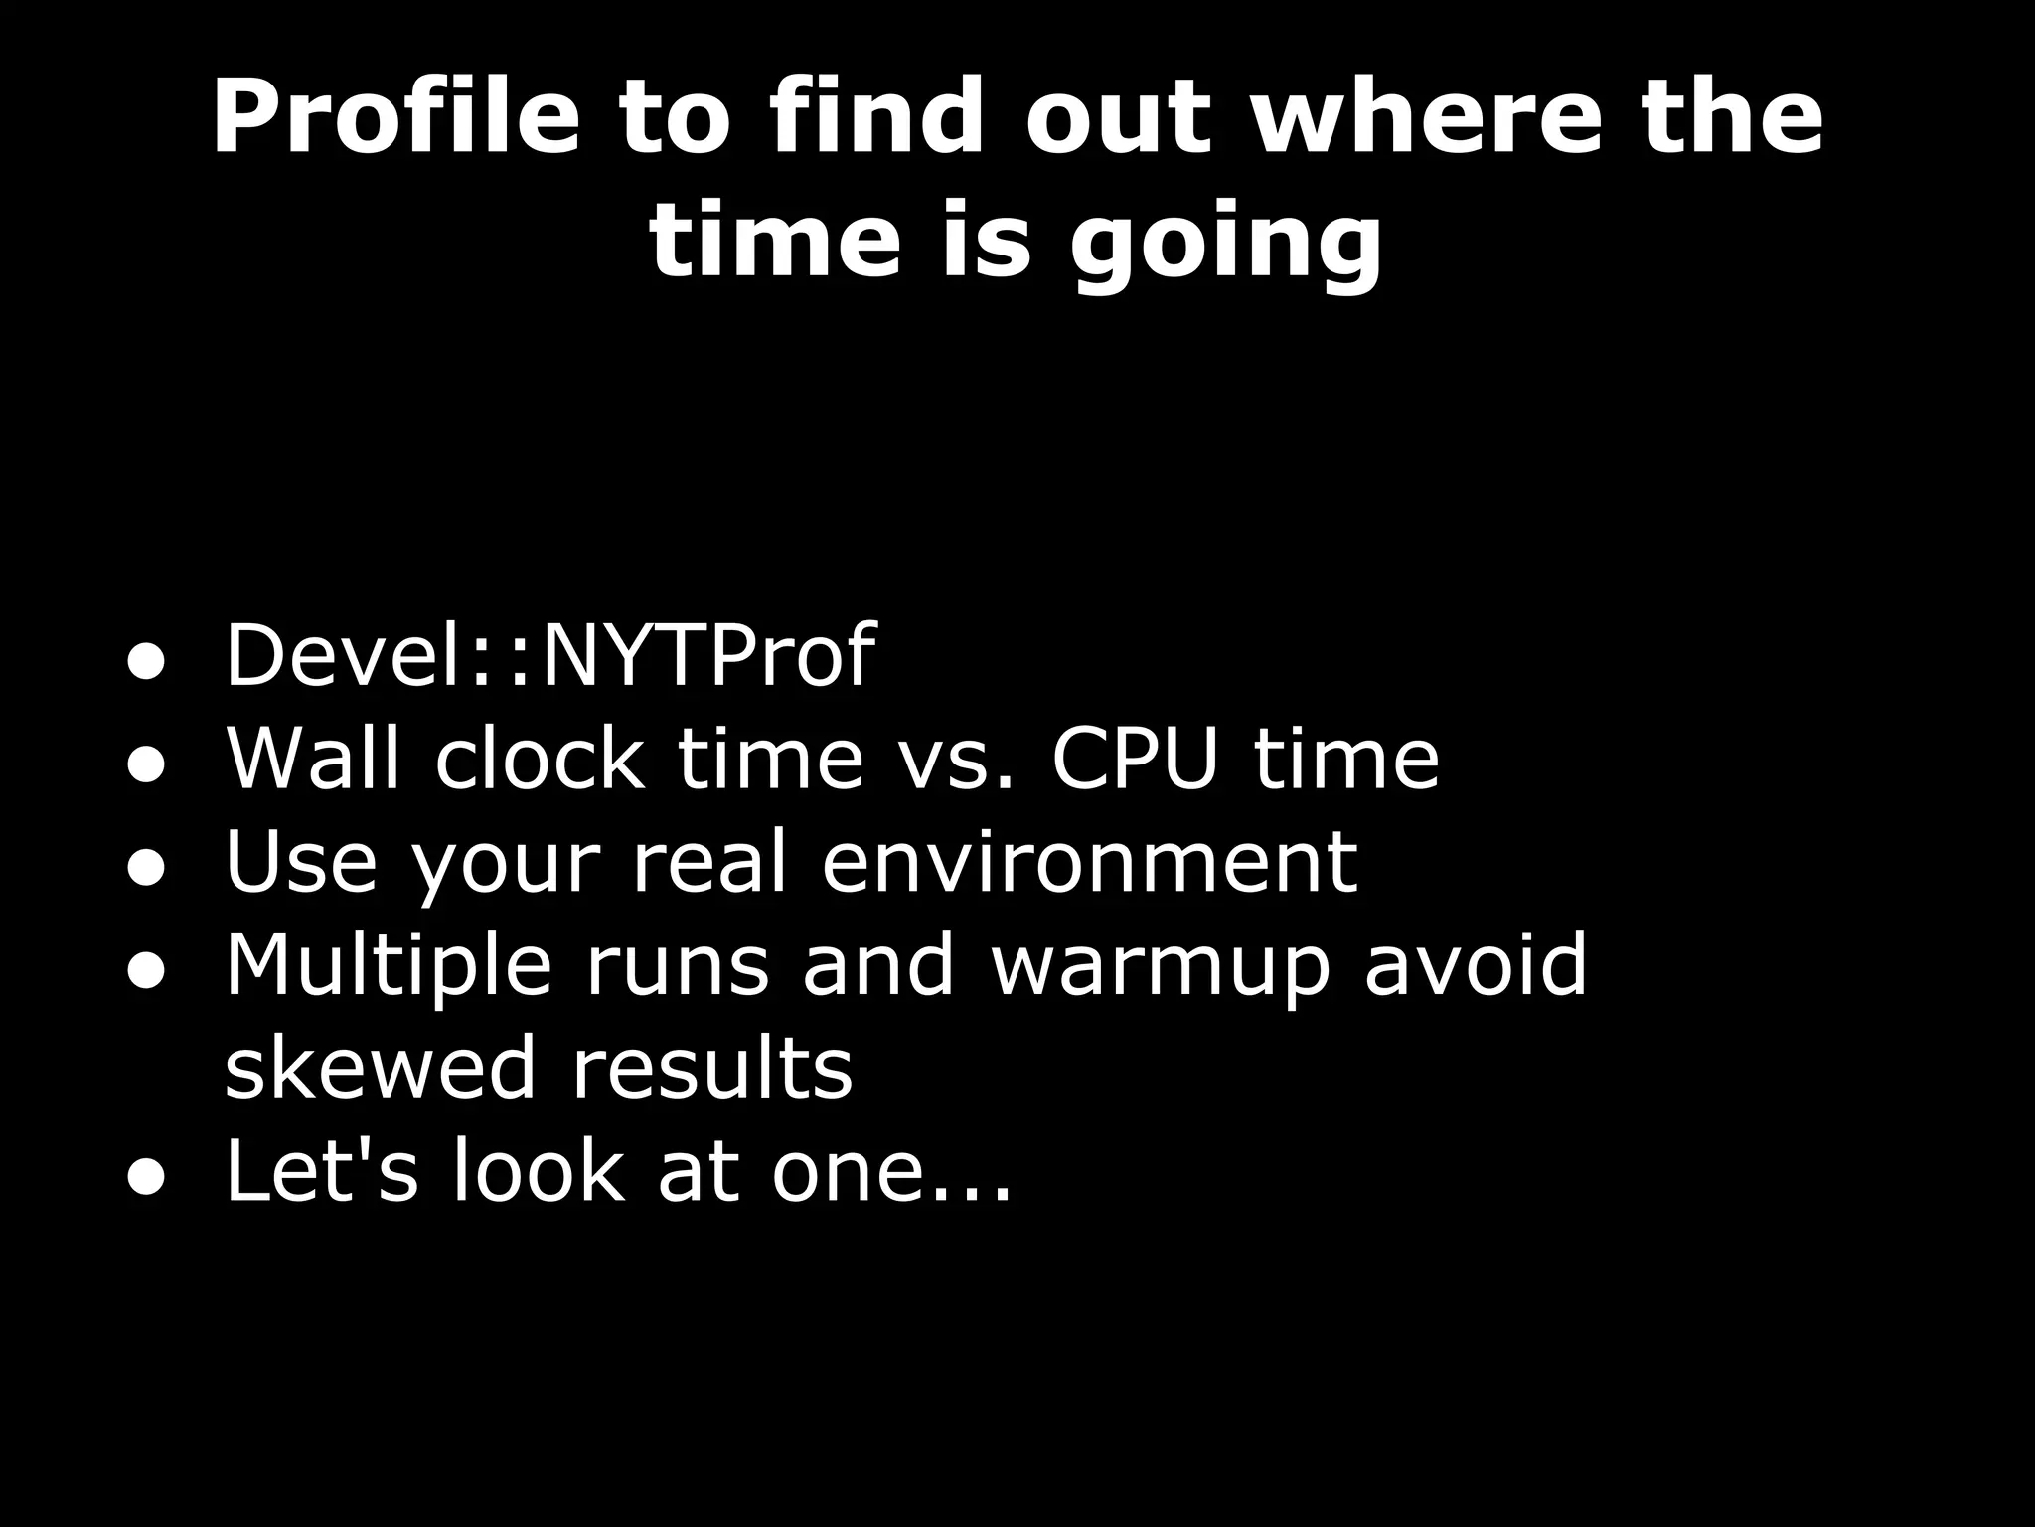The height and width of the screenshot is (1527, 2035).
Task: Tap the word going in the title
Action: point(1225,244)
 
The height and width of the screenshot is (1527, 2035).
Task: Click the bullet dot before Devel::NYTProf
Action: point(145,664)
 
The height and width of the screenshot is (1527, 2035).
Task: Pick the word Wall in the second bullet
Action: point(313,758)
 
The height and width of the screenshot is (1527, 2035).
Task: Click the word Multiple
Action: point(388,964)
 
